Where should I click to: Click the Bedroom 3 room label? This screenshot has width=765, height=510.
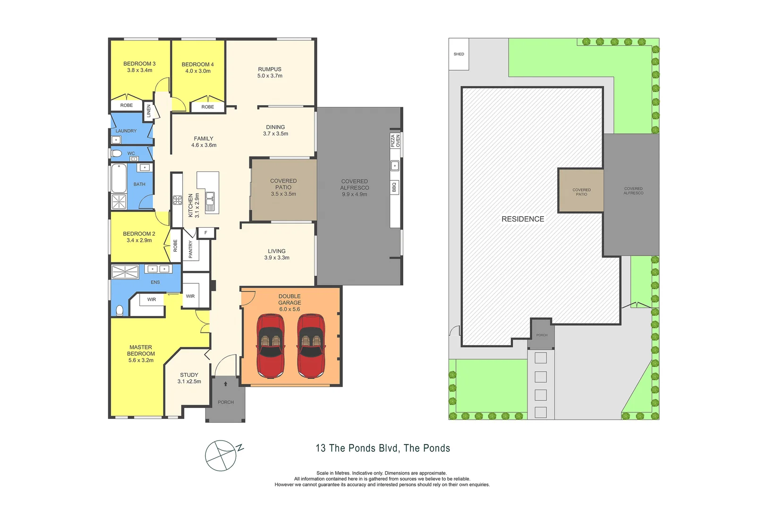point(139,67)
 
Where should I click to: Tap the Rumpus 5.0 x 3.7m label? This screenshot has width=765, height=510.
point(270,72)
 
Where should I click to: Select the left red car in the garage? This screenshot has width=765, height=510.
point(271,346)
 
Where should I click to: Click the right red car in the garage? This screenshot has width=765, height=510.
point(311,346)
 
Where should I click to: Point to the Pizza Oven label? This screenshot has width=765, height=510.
point(395,141)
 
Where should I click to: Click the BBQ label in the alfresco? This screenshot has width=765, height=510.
point(394,187)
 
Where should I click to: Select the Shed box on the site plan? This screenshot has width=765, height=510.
point(459,54)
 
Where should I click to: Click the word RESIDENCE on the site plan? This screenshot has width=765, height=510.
point(523,219)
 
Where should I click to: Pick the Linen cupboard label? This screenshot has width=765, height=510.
point(148,111)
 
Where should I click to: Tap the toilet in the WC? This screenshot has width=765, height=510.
point(116,153)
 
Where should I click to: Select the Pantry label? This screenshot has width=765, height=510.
point(191,249)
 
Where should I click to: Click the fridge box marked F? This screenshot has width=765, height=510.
point(206,233)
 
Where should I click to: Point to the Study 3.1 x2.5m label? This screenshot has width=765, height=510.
point(189,378)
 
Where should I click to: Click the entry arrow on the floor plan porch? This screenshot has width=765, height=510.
point(226,384)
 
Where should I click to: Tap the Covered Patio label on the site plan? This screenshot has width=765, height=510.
point(581,192)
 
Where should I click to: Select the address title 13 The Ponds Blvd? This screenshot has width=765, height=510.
point(382,448)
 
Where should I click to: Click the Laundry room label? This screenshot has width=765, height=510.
point(126,131)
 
